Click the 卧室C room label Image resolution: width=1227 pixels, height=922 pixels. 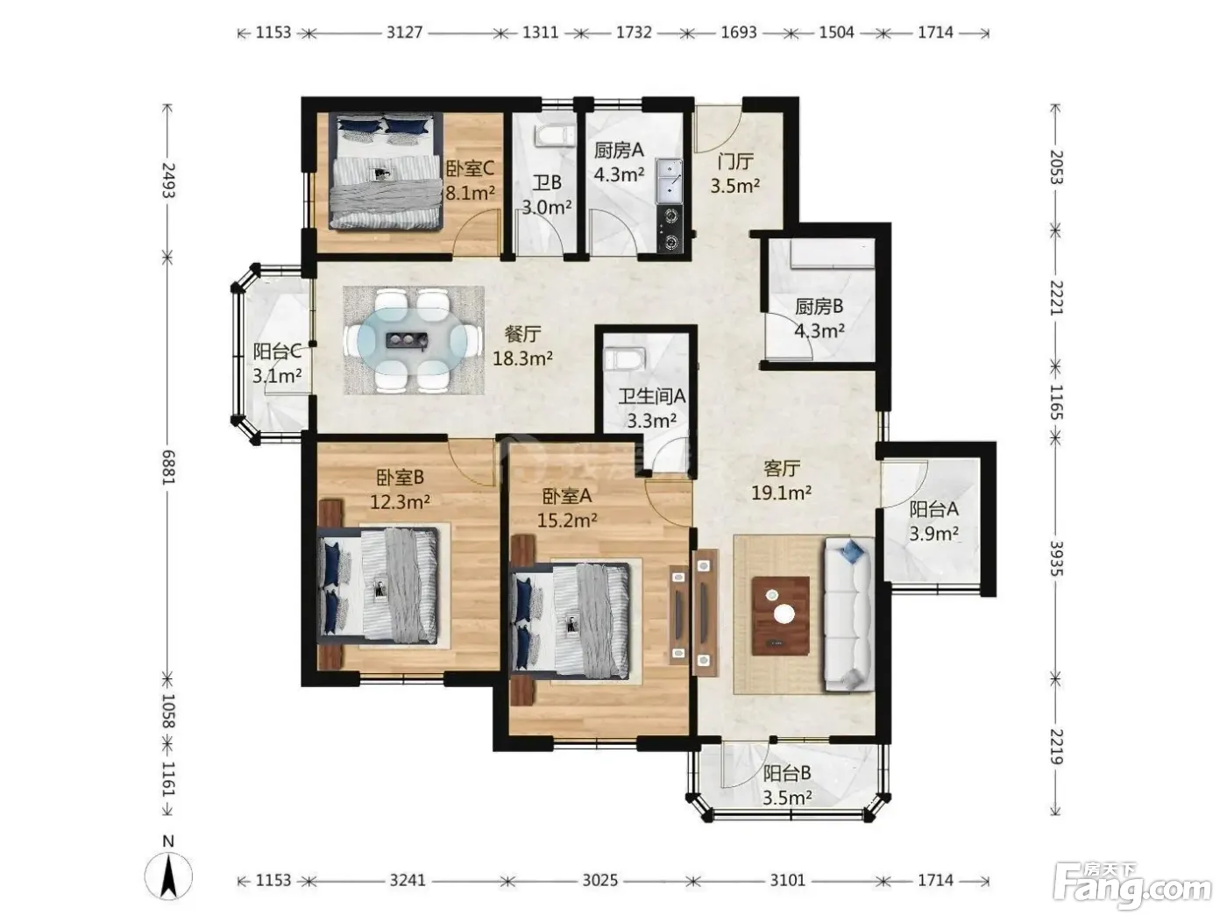tap(470, 167)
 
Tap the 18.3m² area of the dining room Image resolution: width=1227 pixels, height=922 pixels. tap(522, 358)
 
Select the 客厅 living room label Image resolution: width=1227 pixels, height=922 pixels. tap(782, 468)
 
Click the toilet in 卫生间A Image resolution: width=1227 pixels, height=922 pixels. tap(625, 358)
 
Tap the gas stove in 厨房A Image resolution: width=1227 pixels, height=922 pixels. tap(670, 229)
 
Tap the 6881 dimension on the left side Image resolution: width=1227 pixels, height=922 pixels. tap(167, 468)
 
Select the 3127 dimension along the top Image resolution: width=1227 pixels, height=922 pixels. tap(404, 32)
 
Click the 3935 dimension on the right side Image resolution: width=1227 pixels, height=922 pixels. tap(1055, 557)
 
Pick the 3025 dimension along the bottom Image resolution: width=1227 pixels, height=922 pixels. tap(599, 881)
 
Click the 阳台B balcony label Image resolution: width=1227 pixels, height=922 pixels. tap(787, 773)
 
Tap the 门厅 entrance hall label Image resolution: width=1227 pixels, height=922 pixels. tap(735, 161)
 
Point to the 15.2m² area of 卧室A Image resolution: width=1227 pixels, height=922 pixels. tap(567, 521)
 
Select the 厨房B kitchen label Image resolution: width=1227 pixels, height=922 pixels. tap(819, 306)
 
